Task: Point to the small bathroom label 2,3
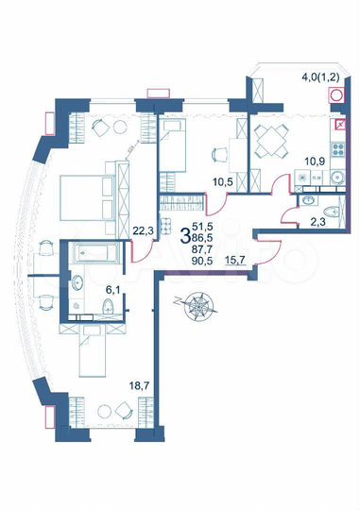[319, 225]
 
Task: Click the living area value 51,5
[204, 228]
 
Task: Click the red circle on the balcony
[334, 96]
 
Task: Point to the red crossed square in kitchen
[340, 125]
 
